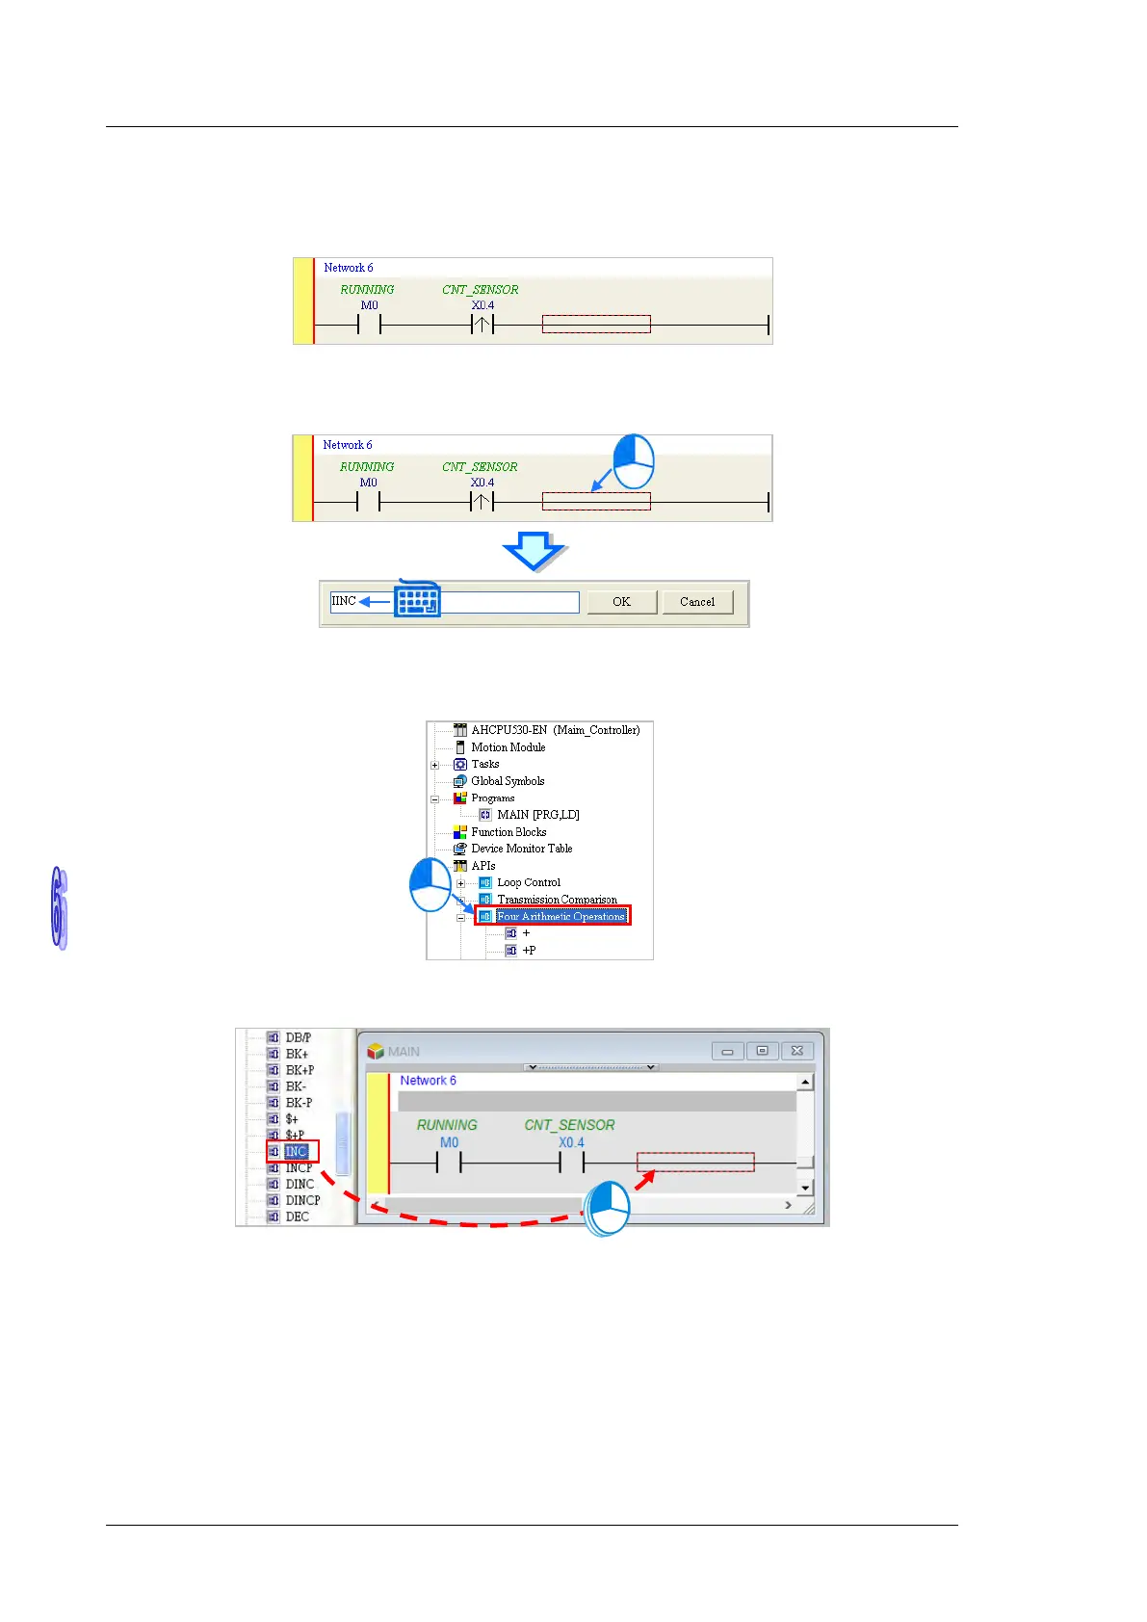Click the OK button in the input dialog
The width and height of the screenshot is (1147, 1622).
tap(621, 602)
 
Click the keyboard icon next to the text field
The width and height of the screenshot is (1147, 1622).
tap(418, 600)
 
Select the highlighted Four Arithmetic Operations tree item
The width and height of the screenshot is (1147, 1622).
tap(560, 916)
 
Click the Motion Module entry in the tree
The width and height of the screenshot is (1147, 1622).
tap(508, 747)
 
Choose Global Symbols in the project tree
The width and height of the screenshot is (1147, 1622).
tap(507, 781)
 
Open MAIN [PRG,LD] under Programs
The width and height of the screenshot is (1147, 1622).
tap(537, 815)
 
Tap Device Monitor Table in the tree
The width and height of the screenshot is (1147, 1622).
tap(521, 849)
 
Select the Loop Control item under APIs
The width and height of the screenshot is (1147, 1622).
tap(528, 882)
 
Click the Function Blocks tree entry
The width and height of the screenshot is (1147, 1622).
tap(508, 832)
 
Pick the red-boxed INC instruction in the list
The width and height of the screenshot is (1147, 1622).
tap(296, 1151)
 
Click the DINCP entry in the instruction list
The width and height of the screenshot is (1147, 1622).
tap(302, 1200)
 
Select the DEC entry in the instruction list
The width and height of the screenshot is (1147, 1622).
tap(297, 1216)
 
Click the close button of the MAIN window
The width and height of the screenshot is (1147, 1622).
tap(797, 1051)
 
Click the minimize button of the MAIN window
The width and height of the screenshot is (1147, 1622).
tap(727, 1051)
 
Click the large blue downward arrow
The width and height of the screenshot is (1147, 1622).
tap(534, 552)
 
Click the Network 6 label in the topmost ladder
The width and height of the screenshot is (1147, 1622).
tap(348, 268)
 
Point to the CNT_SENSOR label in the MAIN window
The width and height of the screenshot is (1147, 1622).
tap(569, 1125)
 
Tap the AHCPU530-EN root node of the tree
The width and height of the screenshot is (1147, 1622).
tap(555, 730)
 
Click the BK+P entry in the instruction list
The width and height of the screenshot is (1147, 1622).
tap(300, 1070)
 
